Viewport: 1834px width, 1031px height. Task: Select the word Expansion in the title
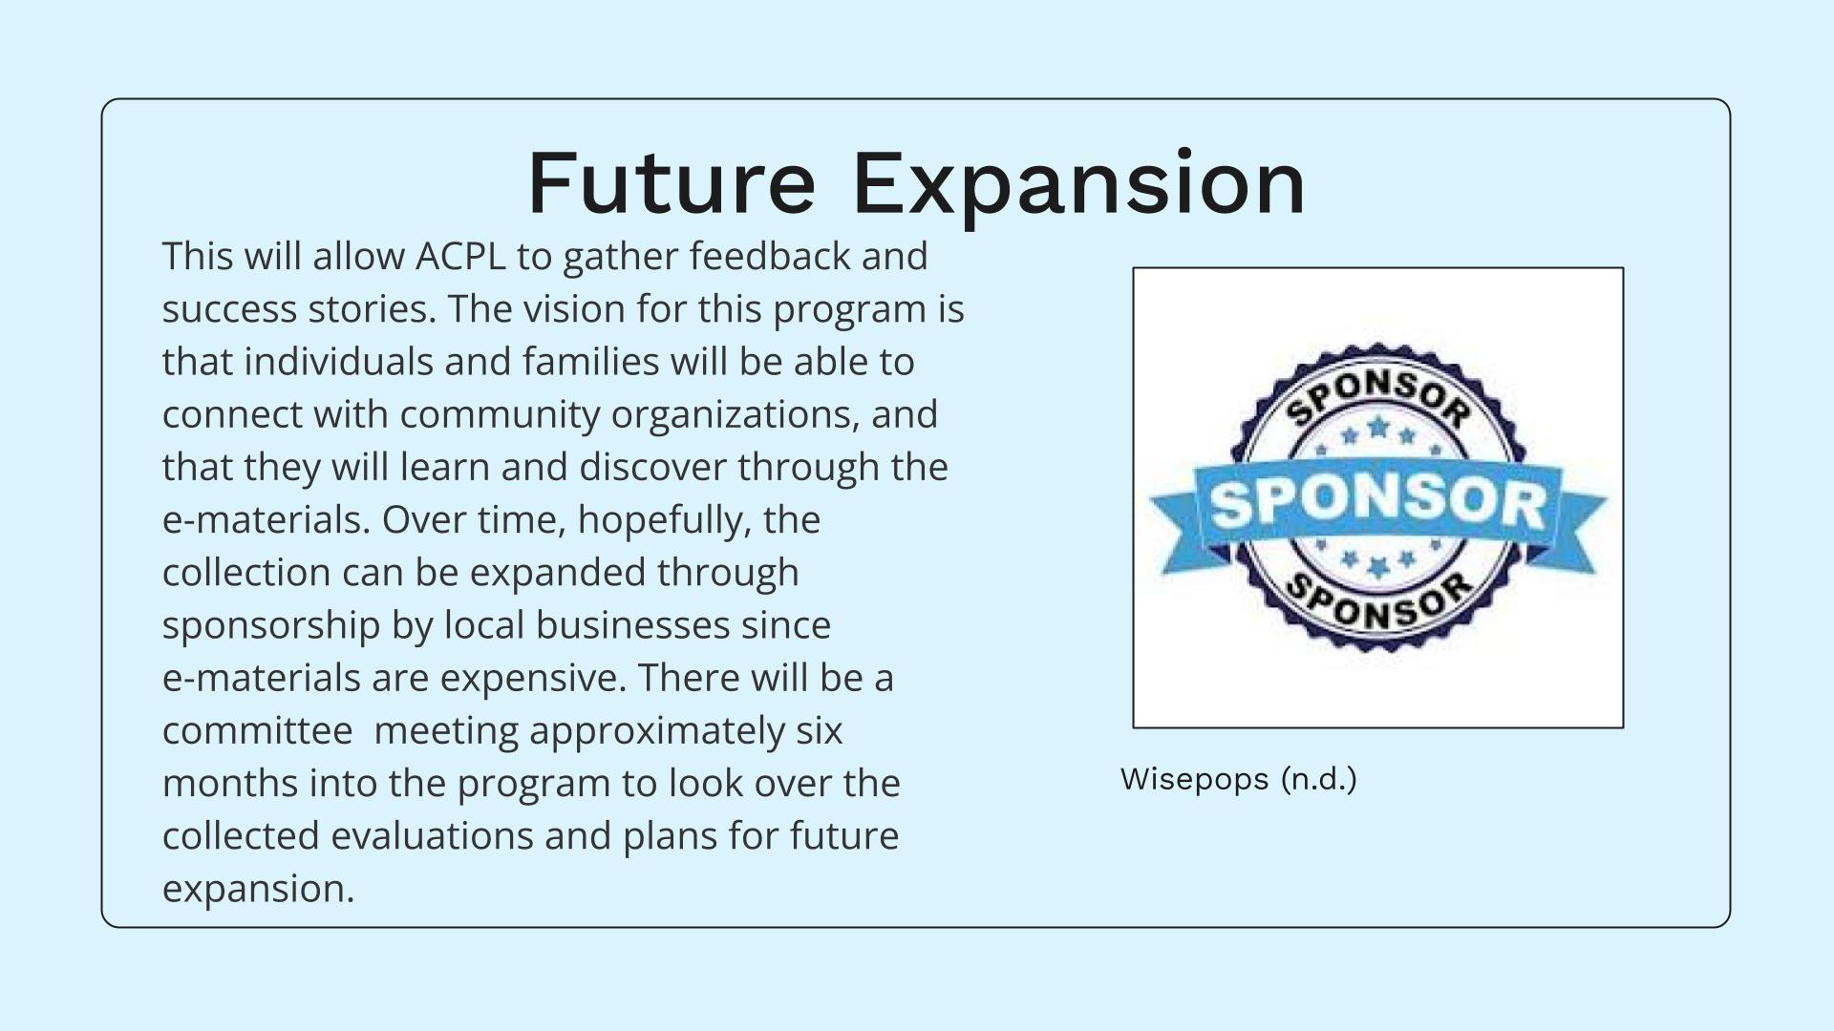pos(1078,185)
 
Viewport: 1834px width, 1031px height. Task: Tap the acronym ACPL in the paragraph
pos(460,256)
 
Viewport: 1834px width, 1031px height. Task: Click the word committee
pos(258,730)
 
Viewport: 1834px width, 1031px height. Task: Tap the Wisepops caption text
pos(1239,779)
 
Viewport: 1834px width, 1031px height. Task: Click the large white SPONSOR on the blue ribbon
pos(1377,502)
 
